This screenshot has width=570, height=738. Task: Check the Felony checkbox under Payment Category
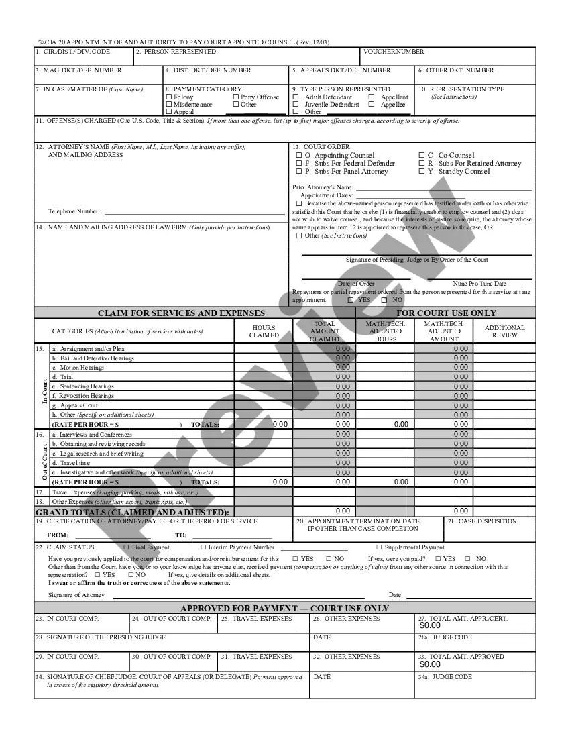[168, 97]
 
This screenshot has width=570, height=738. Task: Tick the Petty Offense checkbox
[236, 97]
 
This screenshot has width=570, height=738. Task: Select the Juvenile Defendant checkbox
[296, 105]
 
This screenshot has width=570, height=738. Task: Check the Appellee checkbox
[372, 105]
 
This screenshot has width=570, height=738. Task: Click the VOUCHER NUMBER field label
[394, 52]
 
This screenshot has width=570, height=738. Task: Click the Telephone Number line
[194, 212]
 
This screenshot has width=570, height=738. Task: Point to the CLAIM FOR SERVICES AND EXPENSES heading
[181, 313]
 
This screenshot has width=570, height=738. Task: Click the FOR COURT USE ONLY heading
[446, 313]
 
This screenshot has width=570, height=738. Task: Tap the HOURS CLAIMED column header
[264, 331]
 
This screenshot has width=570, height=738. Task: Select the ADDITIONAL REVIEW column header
[504, 331]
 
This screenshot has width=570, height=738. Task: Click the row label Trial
[66, 377]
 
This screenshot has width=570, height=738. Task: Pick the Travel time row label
[75, 463]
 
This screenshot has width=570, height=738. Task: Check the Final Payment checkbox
[126, 547]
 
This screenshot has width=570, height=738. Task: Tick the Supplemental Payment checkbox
[379, 547]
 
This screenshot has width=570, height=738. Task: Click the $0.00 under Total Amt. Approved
[431, 664]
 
